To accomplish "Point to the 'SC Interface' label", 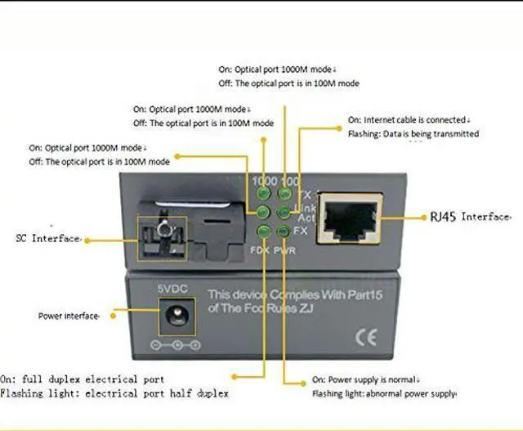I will click(48, 239).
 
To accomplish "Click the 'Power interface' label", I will click(69, 315).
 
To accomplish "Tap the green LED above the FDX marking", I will click(263, 230).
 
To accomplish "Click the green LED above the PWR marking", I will click(284, 230).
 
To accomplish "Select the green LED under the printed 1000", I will click(263, 194).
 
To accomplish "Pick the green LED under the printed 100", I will click(284, 194).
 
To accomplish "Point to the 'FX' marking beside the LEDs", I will click(301, 231).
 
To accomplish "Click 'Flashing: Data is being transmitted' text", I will click(413, 133).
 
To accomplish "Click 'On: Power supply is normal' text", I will click(366, 380).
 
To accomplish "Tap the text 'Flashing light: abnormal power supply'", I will click(385, 394).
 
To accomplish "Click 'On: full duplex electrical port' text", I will click(83, 379).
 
